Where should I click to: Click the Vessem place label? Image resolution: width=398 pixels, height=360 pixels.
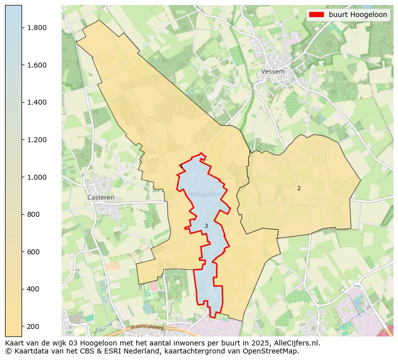(x=273, y=72)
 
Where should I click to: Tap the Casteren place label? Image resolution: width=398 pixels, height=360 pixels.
(x=101, y=198)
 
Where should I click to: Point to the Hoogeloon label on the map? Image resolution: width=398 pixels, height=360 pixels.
(x=205, y=194)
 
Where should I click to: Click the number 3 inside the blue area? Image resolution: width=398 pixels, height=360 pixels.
(x=206, y=226)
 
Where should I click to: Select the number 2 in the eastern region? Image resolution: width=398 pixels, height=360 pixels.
(x=299, y=189)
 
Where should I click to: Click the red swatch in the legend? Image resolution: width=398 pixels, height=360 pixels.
(x=316, y=15)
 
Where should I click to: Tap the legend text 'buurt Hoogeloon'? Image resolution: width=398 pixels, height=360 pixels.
(x=357, y=15)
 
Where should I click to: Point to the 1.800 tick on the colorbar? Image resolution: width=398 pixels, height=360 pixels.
(x=37, y=28)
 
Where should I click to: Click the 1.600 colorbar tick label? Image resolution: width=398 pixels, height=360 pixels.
(x=37, y=65)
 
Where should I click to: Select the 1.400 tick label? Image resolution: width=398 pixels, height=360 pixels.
(x=37, y=102)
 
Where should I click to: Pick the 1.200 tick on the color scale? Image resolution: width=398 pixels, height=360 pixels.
(x=37, y=140)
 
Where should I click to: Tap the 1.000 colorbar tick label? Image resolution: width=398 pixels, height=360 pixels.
(x=37, y=177)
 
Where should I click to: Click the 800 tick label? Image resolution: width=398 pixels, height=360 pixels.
(x=33, y=214)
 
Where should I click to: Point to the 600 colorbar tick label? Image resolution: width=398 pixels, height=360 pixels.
(x=33, y=252)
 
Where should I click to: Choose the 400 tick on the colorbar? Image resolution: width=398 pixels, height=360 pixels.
(x=33, y=289)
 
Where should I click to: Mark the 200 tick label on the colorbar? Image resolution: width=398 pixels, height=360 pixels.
(x=33, y=326)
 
